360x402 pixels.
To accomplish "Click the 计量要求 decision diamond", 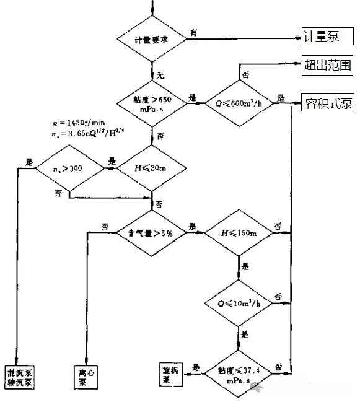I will pos(152,38).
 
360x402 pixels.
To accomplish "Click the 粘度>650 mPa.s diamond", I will pos(152,102).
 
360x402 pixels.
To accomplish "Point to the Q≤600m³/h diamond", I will pos(241,103).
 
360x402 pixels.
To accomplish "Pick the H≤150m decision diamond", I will pos(239,233).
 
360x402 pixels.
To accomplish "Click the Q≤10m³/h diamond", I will pos(239,304).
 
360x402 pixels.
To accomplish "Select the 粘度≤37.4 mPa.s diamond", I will pos(239,372).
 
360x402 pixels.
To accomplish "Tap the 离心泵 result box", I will pos(86,377).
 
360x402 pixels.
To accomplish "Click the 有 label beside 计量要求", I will pos(194,32).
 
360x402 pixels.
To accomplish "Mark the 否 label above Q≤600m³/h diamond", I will pos(245,74).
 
